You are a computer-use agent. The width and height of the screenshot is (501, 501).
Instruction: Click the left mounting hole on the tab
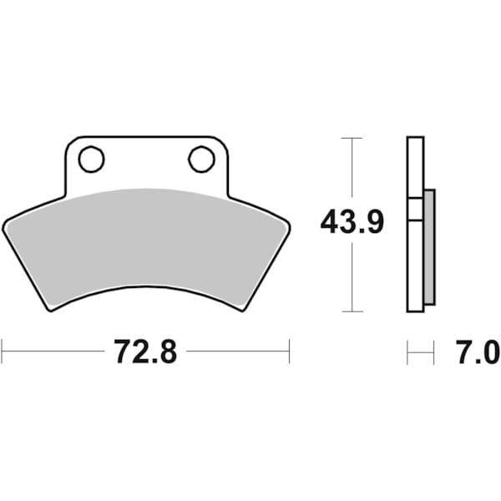click(x=92, y=159)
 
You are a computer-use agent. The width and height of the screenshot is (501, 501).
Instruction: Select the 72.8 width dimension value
click(x=145, y=352)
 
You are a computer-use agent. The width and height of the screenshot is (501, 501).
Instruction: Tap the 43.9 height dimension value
click(x=352, y=223)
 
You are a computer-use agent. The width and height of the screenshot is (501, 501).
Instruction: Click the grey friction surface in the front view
click(x=146, y=242)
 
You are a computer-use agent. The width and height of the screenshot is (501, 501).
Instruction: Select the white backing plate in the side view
click(x=415, y=267)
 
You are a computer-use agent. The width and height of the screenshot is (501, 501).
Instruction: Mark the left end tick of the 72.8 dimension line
click(x=2, y=352)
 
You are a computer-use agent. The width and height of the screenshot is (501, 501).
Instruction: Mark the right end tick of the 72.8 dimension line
click(x=289, y=352)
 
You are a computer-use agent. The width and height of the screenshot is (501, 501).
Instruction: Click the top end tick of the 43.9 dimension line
click(x=352, y=137)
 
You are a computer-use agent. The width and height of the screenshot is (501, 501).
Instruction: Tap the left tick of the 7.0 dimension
click(x=407, y=352)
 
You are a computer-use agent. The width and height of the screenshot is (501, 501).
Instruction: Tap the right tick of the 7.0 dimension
click(x=434, y=352)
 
